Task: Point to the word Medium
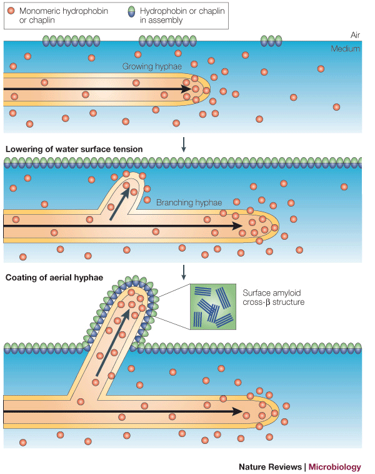[346, 49]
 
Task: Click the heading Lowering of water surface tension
[74, 149]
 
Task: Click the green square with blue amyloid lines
[213, 306]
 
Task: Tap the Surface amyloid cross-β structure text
[273, 297]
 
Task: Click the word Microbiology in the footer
[335, 466]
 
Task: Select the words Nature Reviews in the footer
[271, 466]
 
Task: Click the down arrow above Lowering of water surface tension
[184, 145]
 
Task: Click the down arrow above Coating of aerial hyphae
[184, 272]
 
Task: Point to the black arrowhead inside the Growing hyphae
[186, 90]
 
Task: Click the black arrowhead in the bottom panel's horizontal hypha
[237, 411]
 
